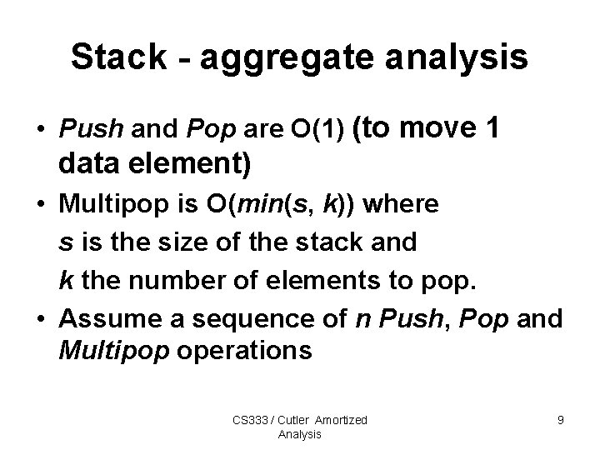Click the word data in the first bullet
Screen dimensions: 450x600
(90, 163)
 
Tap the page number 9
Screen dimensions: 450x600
(560, 420)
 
